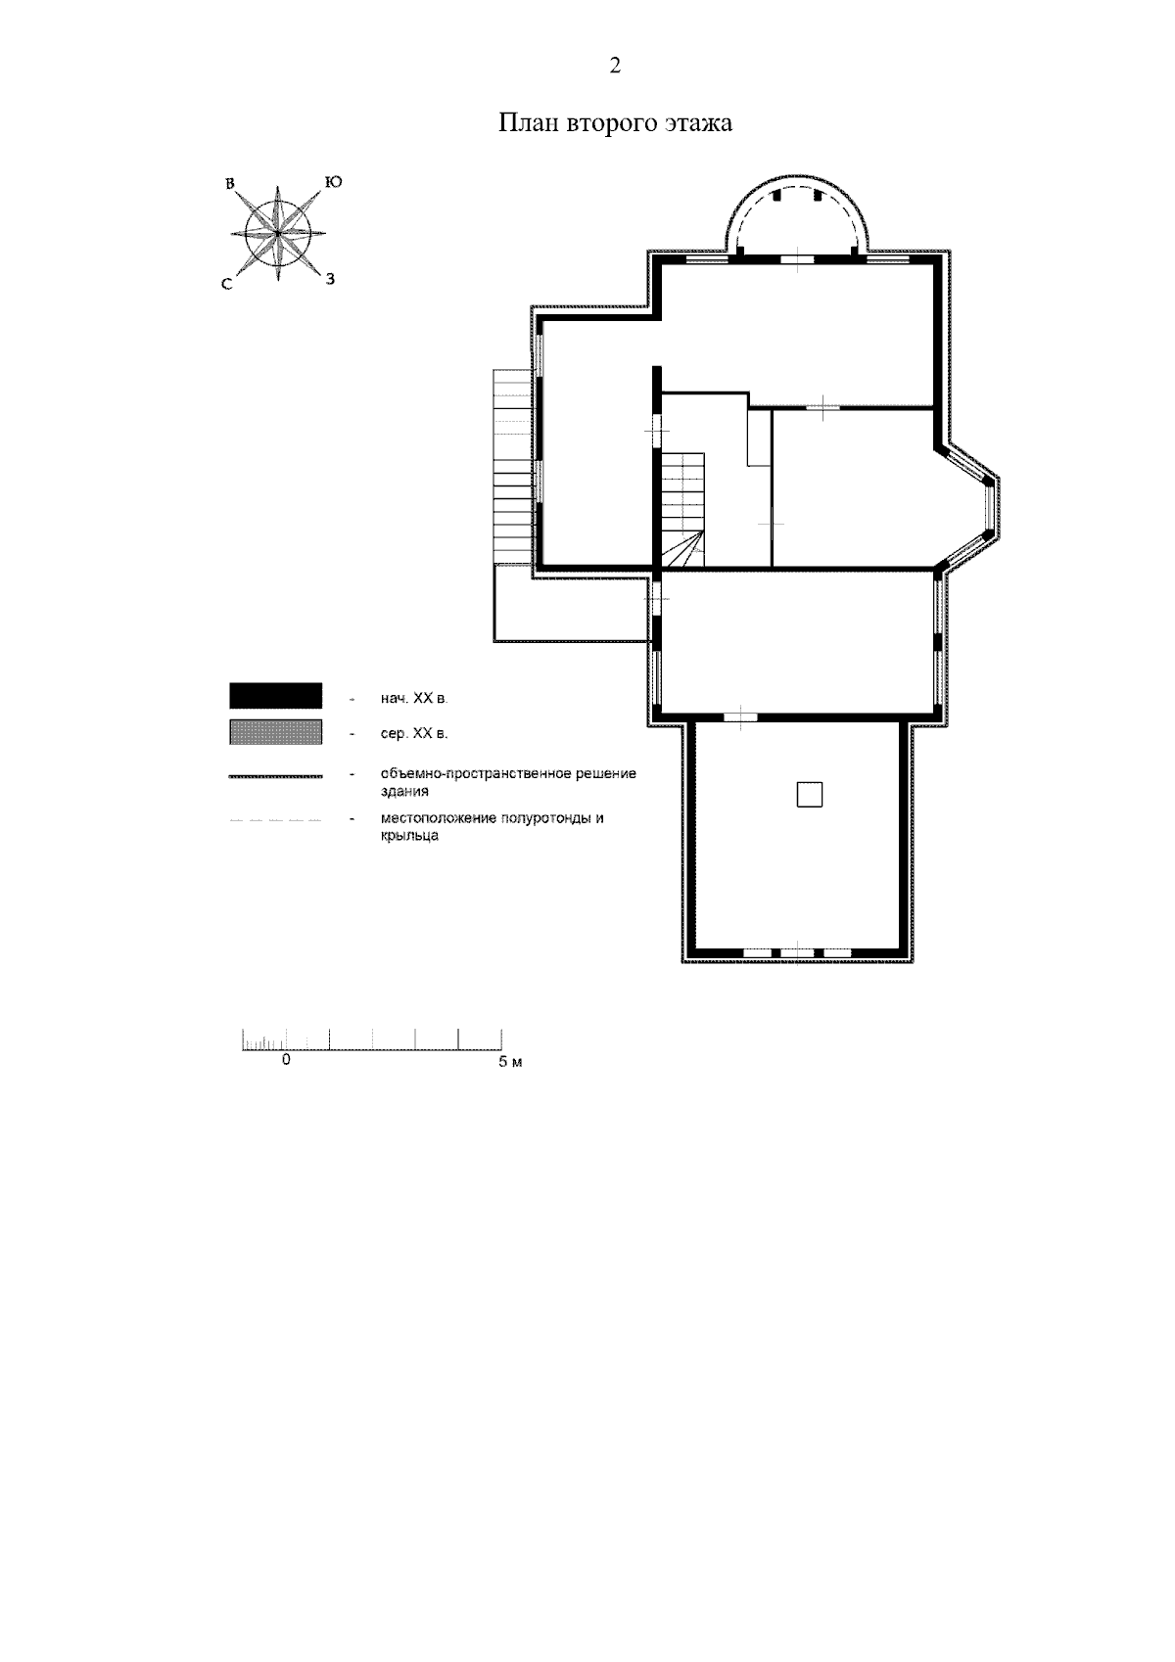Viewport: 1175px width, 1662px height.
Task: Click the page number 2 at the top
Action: pos(615,66)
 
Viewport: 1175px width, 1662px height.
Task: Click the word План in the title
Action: pos(529,122)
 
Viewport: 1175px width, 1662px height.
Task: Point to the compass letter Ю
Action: pos(333,182)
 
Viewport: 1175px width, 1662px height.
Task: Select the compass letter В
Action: pos(231,183)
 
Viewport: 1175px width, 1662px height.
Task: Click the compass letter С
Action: pos(227,284)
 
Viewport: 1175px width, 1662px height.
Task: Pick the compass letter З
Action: pos(331,279)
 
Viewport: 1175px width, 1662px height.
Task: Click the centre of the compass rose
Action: pos(278,233)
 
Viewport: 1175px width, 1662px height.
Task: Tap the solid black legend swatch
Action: pos(275,696)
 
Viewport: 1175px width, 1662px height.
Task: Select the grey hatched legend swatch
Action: pos(275,731)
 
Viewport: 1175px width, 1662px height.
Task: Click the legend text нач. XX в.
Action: pos(414,698)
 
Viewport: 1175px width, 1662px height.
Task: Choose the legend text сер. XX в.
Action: pos(414,734)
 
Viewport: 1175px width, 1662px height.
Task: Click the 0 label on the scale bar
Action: pos(286,1060)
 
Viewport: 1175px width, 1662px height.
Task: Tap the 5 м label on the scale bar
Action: pos(510,1063)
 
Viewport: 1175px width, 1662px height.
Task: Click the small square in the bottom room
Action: pos(809,795)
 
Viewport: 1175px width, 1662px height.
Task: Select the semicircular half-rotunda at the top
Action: pos(797,176)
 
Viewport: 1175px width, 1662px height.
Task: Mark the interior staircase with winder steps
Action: pos(682,511)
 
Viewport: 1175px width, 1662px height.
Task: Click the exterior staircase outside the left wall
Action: pos(513,467)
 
